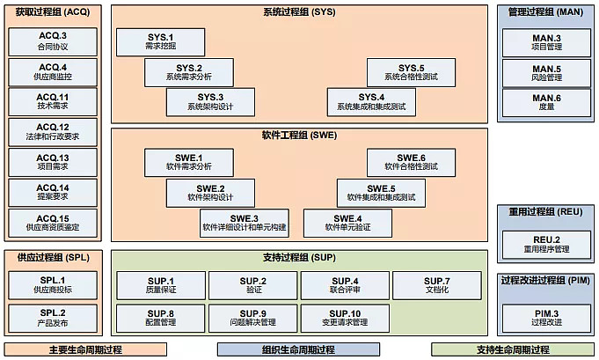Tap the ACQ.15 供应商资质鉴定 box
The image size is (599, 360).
click(53, 223)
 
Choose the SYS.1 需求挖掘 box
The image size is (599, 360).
click(161, 42)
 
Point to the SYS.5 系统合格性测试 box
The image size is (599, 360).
click(411, 72)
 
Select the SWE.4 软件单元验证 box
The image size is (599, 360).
click(347, 223)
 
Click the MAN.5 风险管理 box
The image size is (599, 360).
click(546, 72)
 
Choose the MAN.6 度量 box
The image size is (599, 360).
click(546, 102)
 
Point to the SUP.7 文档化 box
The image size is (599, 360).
click(436, 285)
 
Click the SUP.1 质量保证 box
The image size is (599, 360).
click(161, 285)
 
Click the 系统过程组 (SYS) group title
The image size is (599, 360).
click(299, 12)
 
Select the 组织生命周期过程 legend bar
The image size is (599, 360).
click(299, 349)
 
